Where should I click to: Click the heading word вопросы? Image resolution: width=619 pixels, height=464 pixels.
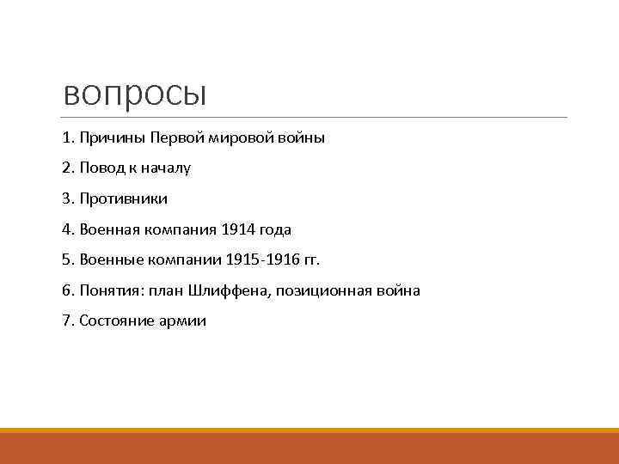135,93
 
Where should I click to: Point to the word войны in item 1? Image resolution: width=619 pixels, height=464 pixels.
302,137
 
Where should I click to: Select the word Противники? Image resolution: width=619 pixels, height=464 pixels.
123,198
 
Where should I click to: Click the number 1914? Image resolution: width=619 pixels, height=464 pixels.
238,229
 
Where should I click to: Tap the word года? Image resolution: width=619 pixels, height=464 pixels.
275,229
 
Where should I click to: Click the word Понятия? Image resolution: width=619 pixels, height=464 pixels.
111,290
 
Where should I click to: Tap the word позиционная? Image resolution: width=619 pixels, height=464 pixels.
328,290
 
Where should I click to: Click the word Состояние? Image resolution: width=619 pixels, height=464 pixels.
115,321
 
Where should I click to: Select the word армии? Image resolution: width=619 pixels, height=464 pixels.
181,321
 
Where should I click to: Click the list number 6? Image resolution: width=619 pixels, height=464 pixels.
68,290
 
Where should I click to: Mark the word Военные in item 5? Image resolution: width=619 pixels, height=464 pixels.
107,259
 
